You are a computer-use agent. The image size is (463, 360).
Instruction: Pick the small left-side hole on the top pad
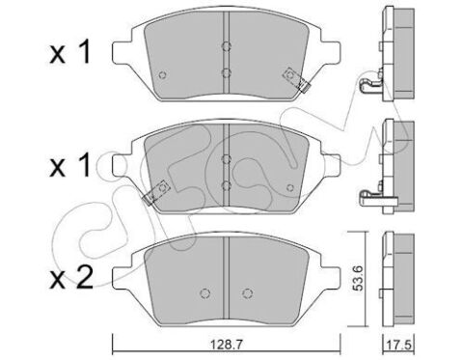(161, 77)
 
